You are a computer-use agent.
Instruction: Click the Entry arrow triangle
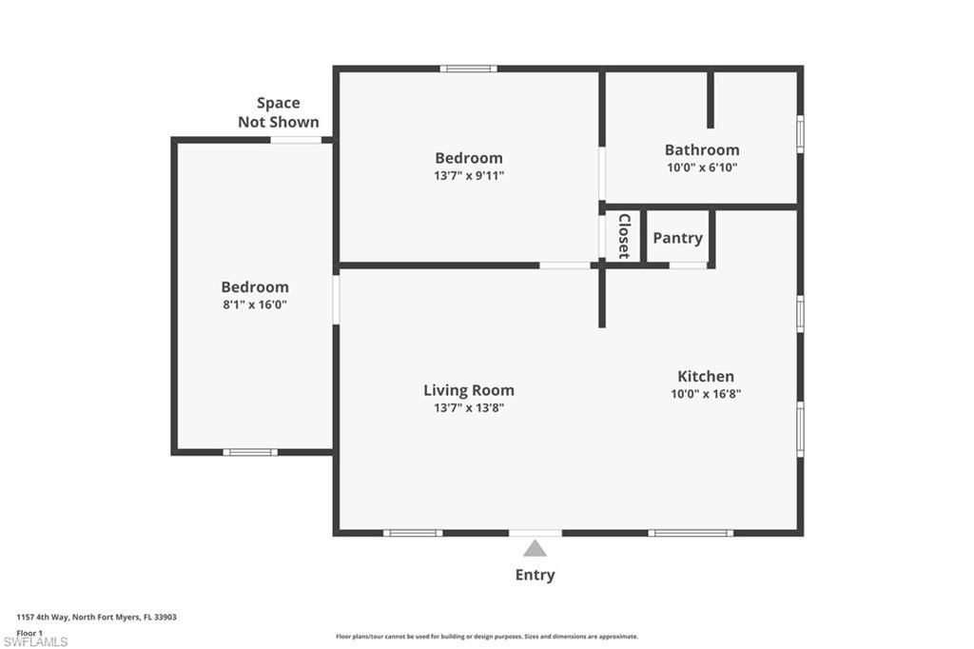[535, 548]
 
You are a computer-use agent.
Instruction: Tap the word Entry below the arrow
[535, 575]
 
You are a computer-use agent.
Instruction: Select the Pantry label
[677, 238]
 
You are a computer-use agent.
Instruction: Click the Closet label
[624, 236]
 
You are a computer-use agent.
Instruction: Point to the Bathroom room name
[701, 149]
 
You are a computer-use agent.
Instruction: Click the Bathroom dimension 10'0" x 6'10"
[701, 167]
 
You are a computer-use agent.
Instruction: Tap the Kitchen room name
[705, 376]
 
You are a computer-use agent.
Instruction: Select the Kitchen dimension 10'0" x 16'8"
[705, 393]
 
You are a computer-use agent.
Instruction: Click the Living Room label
[468, 390]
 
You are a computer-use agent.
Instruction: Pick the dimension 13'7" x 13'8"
[468, 407]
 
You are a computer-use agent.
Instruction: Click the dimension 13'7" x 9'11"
[468, 175]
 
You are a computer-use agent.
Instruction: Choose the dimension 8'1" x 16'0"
[254, 305]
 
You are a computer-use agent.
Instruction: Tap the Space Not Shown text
[278, 112]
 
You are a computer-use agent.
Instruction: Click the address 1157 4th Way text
[96, 617]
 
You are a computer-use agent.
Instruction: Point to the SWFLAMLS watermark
[42, 642]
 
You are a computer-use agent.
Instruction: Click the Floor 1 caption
[29, 632]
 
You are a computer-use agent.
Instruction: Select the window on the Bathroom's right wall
[800, 133]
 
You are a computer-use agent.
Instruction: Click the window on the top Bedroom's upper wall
[468, 69]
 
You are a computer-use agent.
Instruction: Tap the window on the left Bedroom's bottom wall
[250, 452]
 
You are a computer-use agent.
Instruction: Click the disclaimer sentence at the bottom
[486, 637]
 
